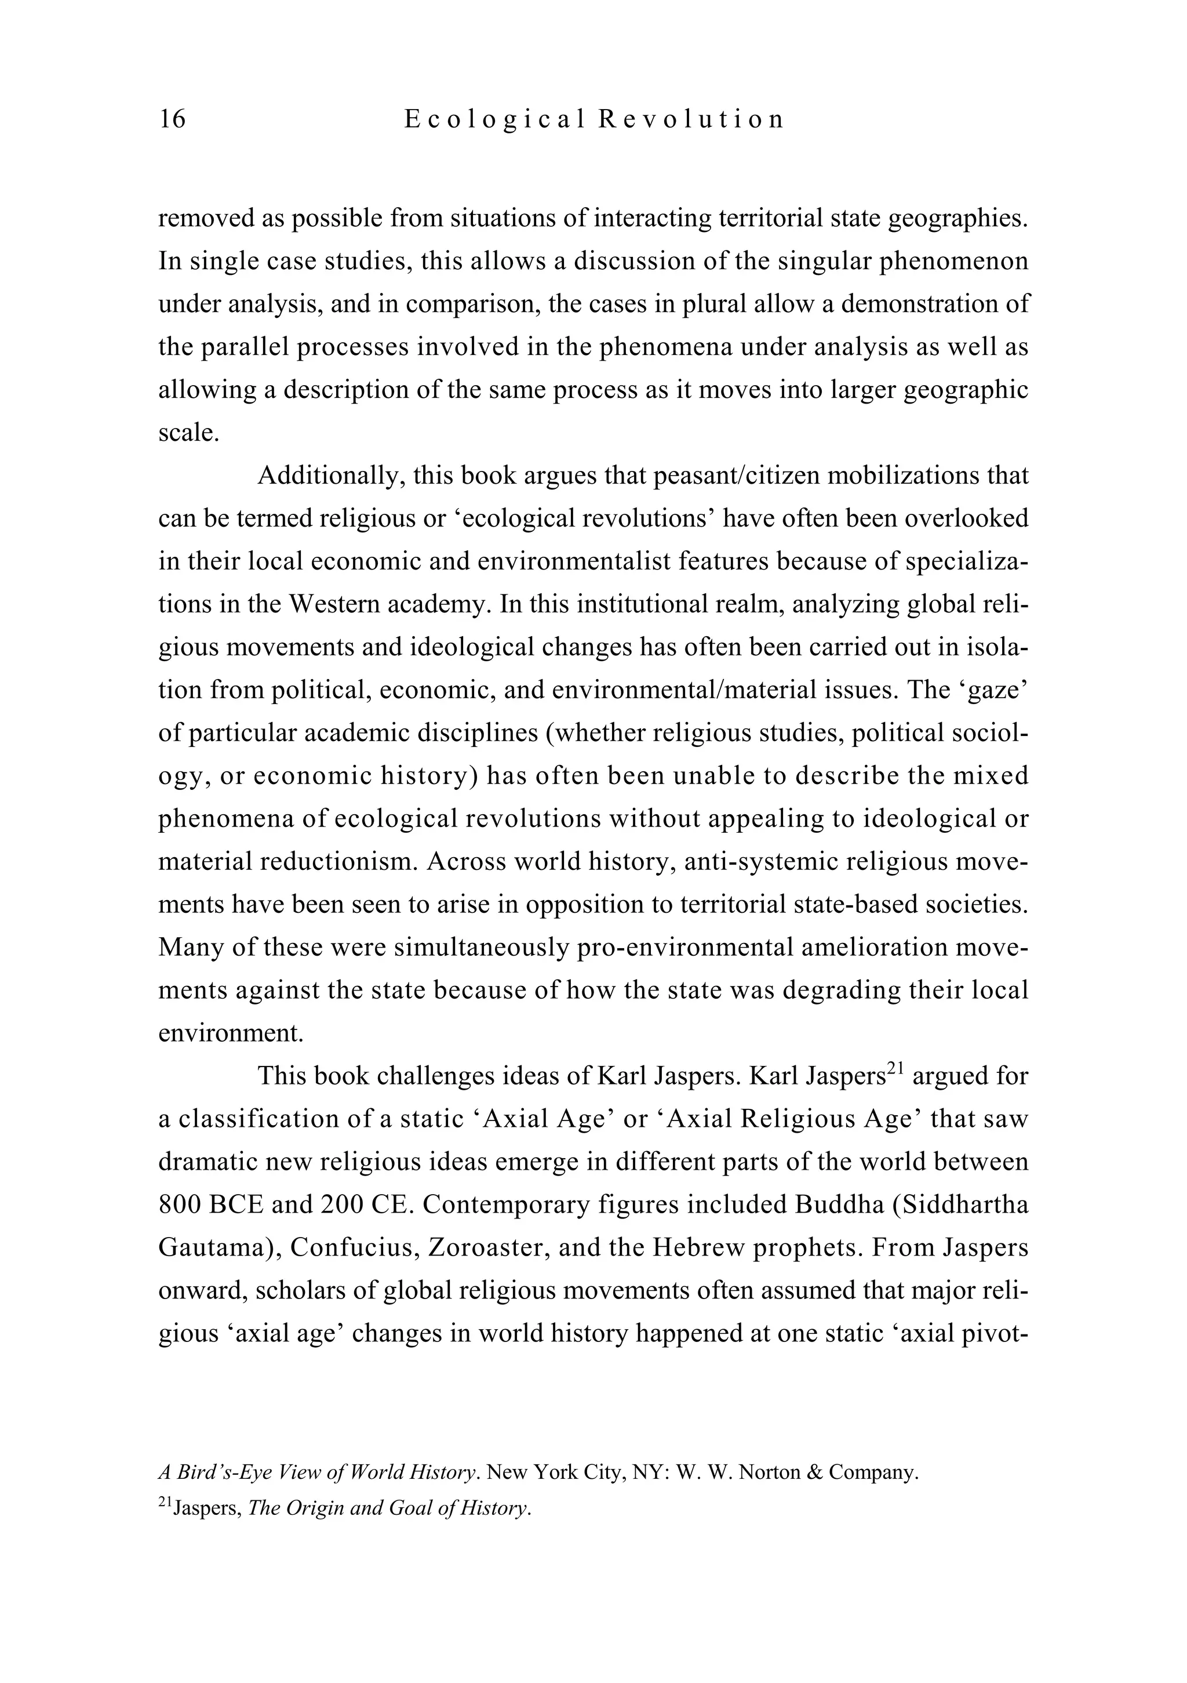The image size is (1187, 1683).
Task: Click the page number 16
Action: pyautogui.click(x=173, y=119)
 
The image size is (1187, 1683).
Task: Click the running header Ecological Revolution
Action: pyautogui.click(x=593, y=119)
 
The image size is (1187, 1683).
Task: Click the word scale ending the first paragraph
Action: pyautogui.click(x=188, y=433)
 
